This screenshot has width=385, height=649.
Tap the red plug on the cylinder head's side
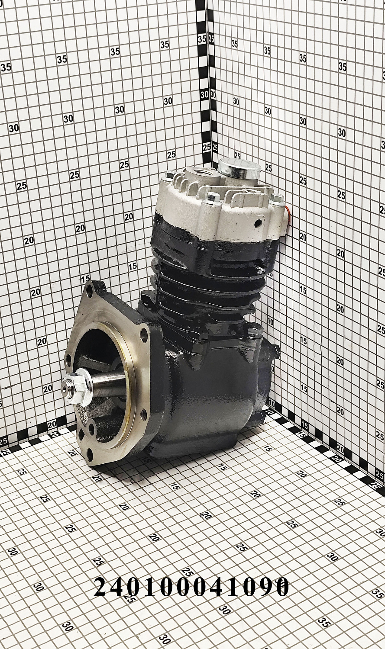[x=288, y=216]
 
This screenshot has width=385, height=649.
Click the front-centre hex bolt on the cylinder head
[x=213, y=197]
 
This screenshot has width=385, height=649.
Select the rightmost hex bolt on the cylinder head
[x=277, y=198]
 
